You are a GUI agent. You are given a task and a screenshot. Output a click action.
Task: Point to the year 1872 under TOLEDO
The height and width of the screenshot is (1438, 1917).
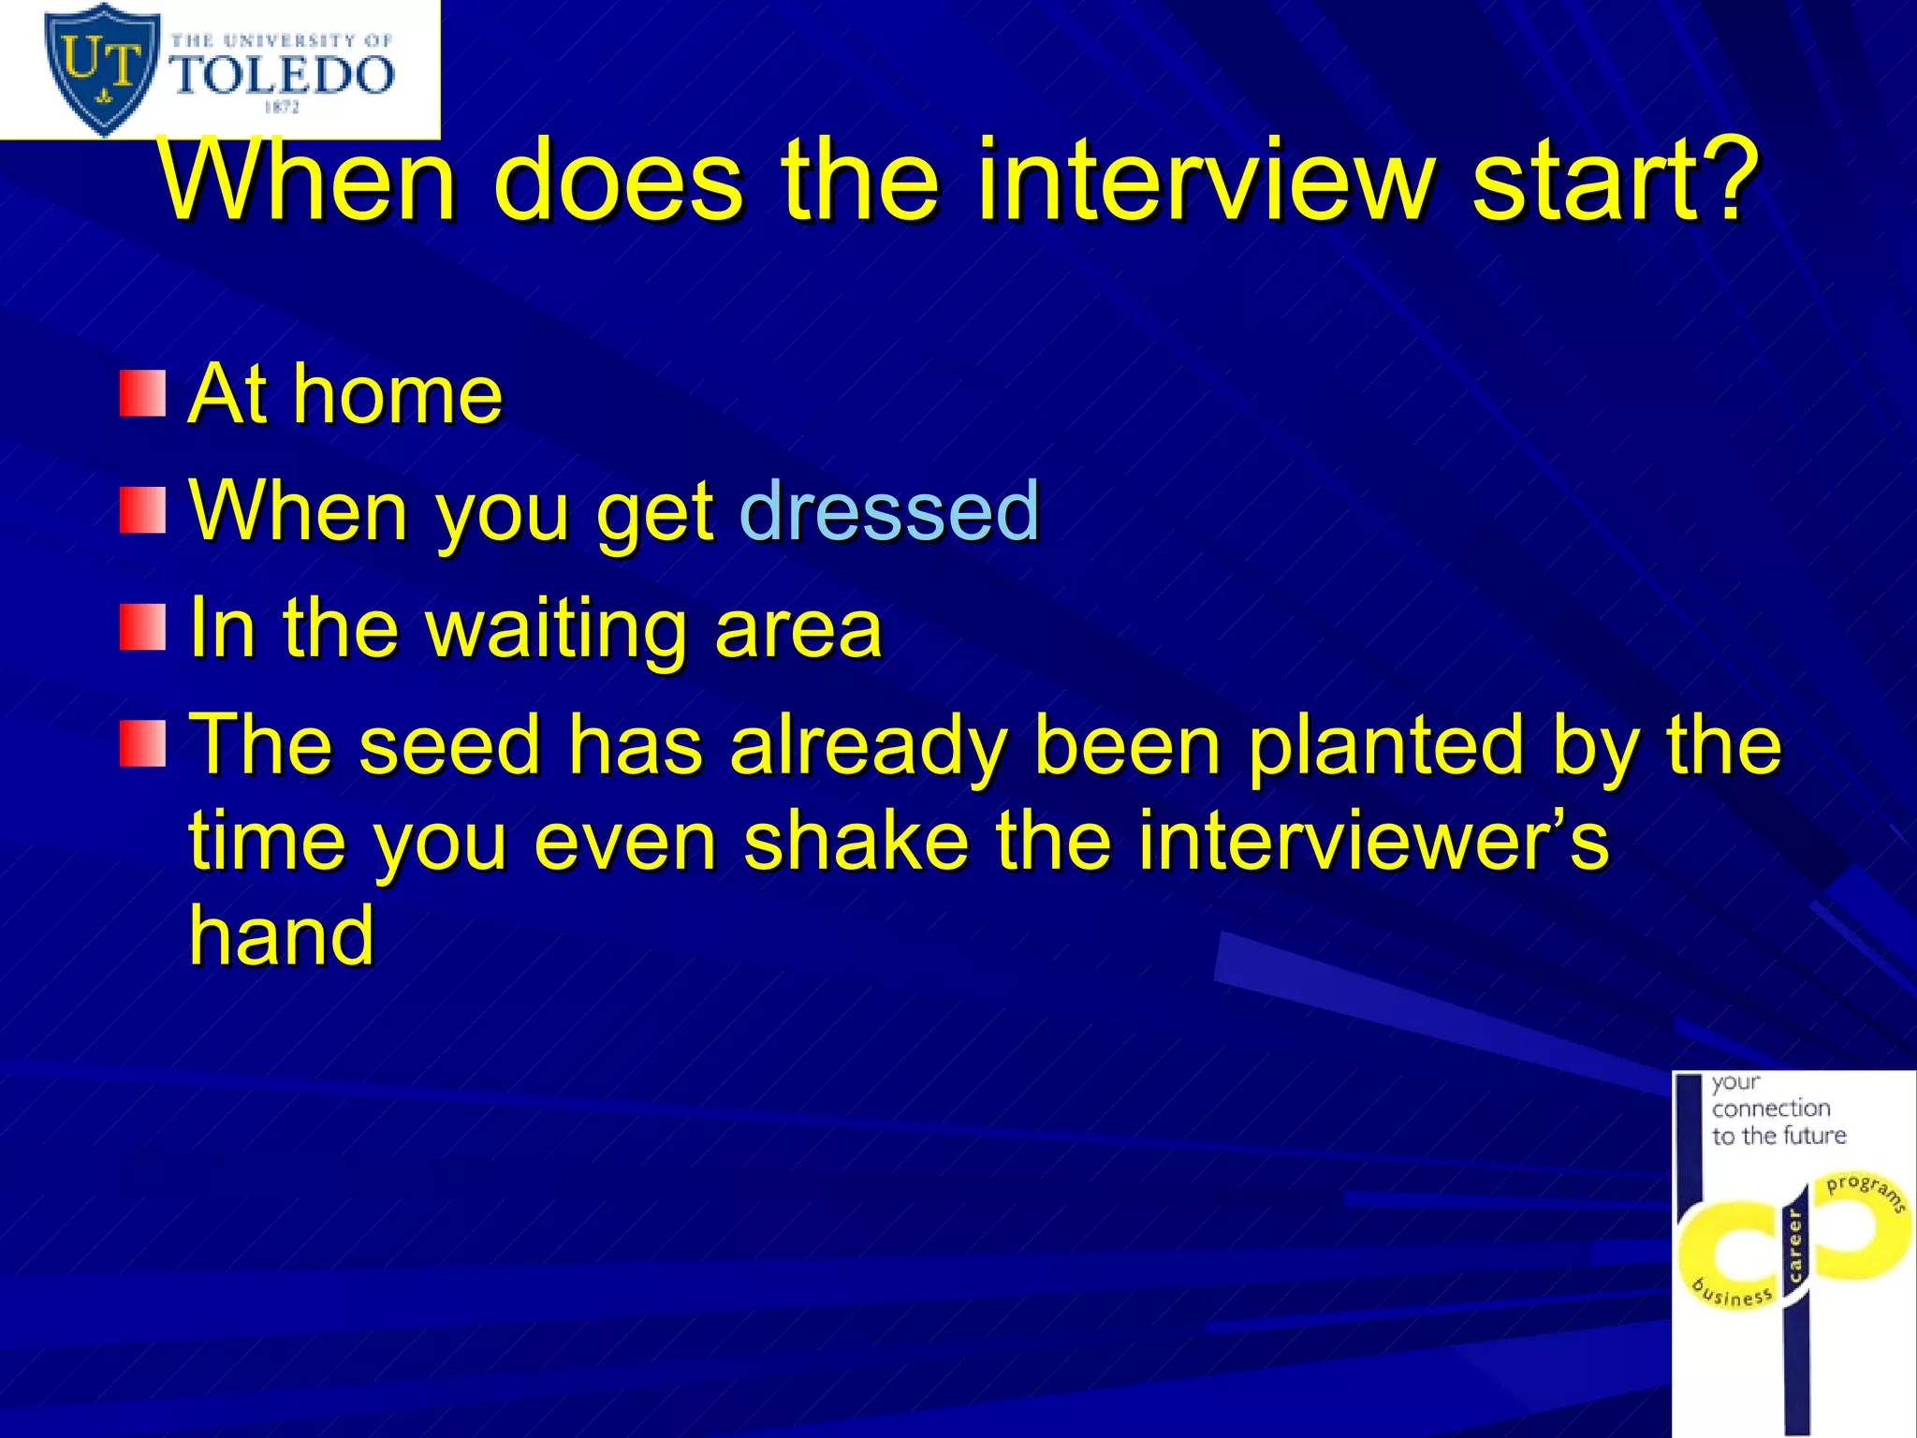(x=281, y=108)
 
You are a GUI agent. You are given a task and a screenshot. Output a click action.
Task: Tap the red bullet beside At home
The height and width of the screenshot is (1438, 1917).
(x=142, y=393)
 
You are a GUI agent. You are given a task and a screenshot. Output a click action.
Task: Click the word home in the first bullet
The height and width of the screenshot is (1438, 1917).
(x=398, y=395)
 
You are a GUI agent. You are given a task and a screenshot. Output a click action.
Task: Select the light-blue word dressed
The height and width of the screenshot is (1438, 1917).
(x=889, y=511)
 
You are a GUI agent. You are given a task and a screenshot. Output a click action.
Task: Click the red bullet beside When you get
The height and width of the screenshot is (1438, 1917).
(x=142, y=511)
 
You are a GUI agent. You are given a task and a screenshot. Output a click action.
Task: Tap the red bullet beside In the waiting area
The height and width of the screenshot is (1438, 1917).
(x=142, y=628)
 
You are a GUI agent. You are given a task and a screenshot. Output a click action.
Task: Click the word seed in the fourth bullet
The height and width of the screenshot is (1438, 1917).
(x=450, y=745)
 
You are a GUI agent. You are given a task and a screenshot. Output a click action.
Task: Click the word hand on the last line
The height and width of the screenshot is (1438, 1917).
(x=282, y=936)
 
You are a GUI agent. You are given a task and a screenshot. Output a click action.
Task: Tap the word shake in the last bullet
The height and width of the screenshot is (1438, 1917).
(x=856, y=841)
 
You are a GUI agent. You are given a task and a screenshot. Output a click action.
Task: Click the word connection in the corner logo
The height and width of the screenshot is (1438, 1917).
(x=1771, y=1108)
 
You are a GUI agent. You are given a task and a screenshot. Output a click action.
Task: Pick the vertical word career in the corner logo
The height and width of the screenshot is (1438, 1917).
(x=1794, y=1246)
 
